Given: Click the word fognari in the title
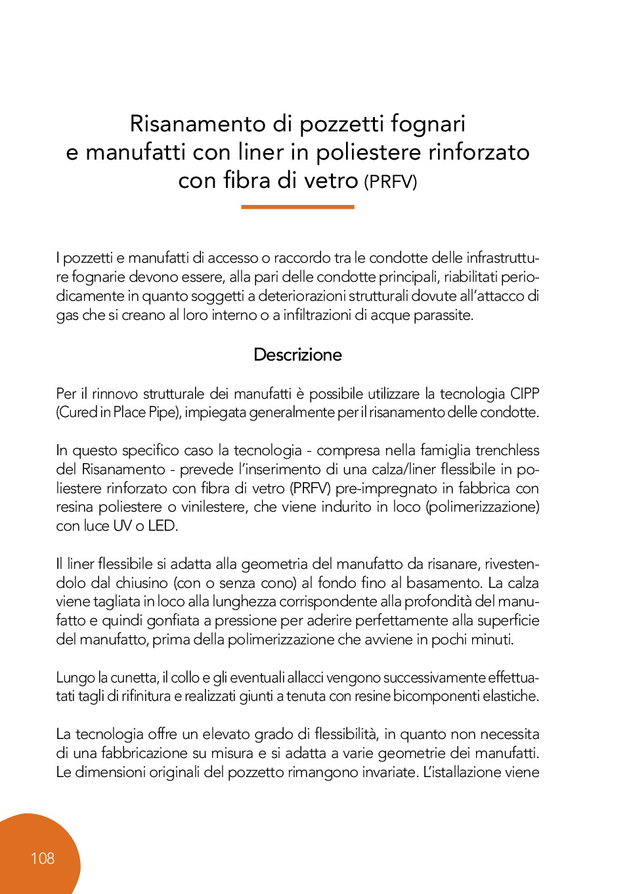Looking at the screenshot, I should click(428, 123).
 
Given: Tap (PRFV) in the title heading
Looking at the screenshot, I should click(391, 181).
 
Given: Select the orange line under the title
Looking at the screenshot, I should click(297, 207).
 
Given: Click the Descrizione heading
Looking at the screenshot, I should click(297, 355).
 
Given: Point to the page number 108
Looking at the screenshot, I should click(43, 859).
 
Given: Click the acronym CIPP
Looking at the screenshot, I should click(525, 393).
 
